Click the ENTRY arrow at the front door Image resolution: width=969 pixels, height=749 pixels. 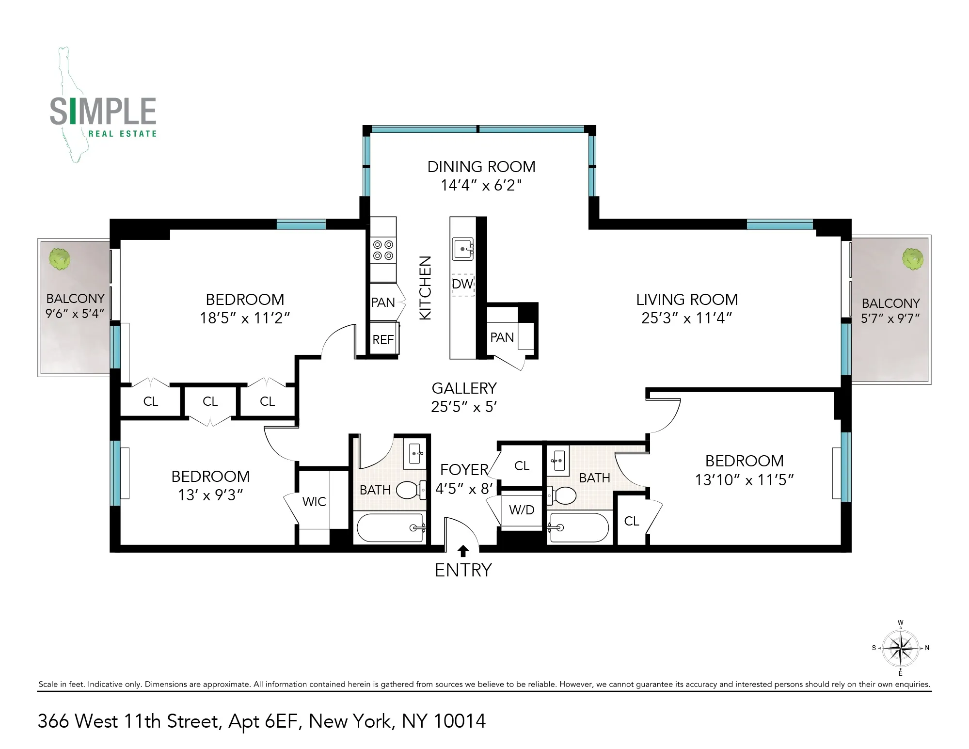463,551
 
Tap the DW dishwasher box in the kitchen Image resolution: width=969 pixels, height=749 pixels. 463,284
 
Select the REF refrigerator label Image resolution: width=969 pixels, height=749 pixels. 383,340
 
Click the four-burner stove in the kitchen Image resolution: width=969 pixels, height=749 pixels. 383,250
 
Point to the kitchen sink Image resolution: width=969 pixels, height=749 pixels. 463,249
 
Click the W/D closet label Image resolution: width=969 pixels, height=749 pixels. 522,510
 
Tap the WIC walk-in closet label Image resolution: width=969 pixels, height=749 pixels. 314,502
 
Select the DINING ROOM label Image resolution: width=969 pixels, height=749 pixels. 481,167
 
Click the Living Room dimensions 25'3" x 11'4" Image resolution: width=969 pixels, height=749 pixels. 686,319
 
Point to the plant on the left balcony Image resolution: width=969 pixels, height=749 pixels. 60,259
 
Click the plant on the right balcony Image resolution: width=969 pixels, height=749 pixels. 912,259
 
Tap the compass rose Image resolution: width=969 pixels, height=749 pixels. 900,648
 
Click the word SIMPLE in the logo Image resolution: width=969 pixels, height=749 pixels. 103,112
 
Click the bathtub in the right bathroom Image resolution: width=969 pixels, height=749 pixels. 578,528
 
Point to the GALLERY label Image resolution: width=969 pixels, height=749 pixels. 464,388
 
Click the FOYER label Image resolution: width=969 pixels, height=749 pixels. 464,470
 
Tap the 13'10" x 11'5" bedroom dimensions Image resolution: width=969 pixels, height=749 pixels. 744,480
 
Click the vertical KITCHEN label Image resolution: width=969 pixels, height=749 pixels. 425,288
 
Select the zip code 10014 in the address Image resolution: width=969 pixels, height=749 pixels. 460,722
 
